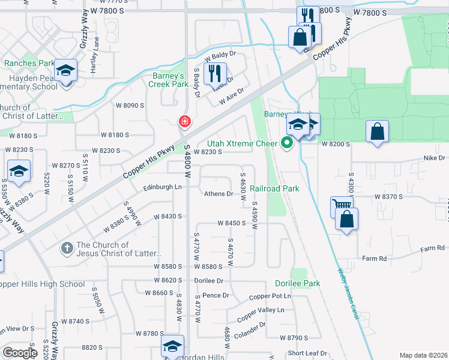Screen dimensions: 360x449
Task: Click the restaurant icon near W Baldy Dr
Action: point(214,74)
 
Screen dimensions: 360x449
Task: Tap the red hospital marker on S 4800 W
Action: point(184,122)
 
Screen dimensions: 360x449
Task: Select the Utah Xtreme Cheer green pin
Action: point(286,143)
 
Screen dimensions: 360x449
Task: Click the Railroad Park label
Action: point(274,188)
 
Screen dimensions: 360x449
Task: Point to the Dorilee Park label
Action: point(297,283)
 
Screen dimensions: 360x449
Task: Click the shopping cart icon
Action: point(341,206)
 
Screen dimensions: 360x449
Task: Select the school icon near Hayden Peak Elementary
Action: point(65,71)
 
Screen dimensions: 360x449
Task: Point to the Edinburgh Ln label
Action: point(162,187)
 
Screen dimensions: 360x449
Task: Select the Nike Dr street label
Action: point(435,158)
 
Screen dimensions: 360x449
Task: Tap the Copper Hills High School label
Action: point(42,284)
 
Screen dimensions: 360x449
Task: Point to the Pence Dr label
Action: point(215,295)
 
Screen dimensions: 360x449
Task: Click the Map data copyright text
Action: point(423,355)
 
